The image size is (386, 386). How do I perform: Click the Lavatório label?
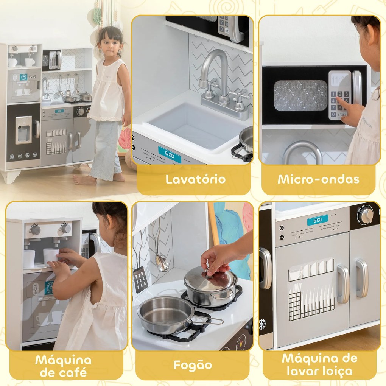pos(195,179)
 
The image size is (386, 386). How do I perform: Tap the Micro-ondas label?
pos(318,179)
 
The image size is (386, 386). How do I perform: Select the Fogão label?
pos(192,365)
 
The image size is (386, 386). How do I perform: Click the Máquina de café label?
pos(63,366)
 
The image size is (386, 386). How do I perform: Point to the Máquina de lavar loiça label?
pos(319,365)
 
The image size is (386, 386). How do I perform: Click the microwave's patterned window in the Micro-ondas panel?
pos(300,95)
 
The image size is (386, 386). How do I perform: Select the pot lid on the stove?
pos(210,280)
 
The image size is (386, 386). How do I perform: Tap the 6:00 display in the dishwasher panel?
pos(317,220)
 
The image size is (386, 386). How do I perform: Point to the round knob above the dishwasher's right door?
pos(366,215)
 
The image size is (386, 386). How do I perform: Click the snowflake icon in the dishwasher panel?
pos(262,324)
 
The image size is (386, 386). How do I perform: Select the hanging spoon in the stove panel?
pos(162,261)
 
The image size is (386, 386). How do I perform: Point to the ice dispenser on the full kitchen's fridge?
pos(23,130)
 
